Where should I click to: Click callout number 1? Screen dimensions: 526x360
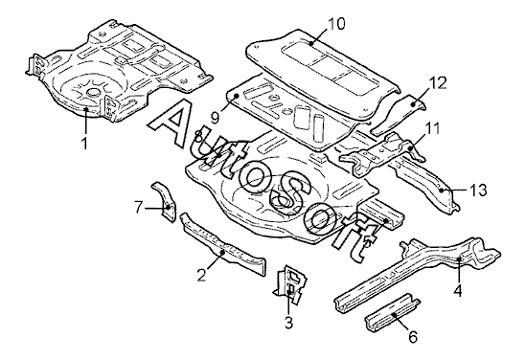click(x=84, y=143)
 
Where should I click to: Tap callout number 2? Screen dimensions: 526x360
click(x=201, y=276)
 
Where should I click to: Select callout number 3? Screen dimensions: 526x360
click(x=288, y=323)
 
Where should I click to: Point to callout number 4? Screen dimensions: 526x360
click(x=458, y=290)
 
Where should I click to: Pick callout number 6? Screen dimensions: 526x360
click(x=413, y=336)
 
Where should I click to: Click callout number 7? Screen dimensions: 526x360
click(x=139, y=207)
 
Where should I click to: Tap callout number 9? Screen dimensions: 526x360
click(x=215, y=118)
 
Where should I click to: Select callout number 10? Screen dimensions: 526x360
click(x=336, y=24)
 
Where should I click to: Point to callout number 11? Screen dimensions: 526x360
click(x=433, y=128)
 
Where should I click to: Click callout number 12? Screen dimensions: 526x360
click(x=438, y=83)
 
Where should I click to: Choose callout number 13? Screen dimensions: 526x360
click(x=478, y=191)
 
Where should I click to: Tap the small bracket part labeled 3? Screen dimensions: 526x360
click(x=290, y=284)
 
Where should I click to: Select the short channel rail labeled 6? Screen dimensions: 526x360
click(x=392, y=312)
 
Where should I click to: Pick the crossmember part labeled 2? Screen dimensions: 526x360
click(x=222, y=244)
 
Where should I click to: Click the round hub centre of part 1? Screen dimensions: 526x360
click(x=92, y=93)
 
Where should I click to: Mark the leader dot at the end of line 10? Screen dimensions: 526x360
click(x=311, y=43)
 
